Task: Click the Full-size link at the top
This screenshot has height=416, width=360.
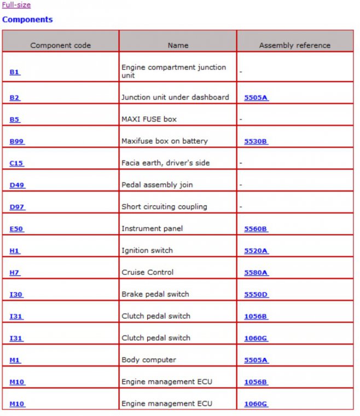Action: click(x=16, y=5)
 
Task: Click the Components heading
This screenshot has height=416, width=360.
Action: click(x=27, y=20)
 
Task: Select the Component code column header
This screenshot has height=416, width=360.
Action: click(x=60, y=45)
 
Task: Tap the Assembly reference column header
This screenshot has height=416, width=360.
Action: click(x=294, y=45)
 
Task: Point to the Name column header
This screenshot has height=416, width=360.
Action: click(x=178, y=45)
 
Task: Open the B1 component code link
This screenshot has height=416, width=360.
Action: click(x=15, y=72)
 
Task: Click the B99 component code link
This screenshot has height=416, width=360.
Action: click(x=17, y=141)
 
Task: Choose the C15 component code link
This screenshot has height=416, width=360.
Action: click(x=16, y=163)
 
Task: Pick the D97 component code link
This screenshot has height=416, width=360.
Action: click(x=17, y=207)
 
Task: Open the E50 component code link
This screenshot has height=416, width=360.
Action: click(x=16, y=228)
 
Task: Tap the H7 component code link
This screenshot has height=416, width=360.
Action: click(x=15, y=272)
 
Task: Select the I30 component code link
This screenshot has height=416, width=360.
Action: click(x=16, y=294)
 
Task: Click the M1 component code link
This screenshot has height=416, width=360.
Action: click(x=15, y=360)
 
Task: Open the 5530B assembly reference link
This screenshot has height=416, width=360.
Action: click(x=256, y=141)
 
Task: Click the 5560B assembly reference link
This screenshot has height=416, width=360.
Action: click(x=256, y=228)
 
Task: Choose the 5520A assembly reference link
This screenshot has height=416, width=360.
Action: click(x=256, y=250)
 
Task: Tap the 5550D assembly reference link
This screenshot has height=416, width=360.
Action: click(x=256, y=294)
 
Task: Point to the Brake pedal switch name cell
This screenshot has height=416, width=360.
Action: click(x=155, y=294)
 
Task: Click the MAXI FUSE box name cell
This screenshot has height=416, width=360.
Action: click(x=149, y=119)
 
